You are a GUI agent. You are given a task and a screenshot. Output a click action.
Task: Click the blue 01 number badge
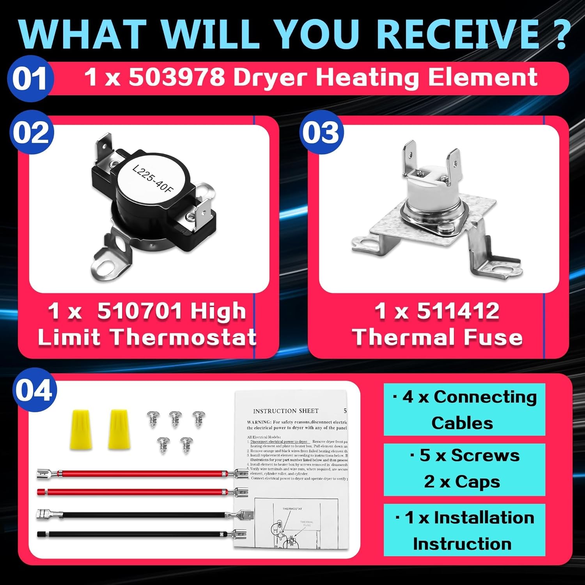30,78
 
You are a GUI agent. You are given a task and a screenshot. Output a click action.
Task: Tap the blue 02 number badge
31,133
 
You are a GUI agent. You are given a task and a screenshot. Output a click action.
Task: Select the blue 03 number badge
321,133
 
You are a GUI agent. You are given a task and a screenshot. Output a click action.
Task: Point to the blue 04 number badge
34,390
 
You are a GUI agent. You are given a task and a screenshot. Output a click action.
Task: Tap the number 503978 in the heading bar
177,77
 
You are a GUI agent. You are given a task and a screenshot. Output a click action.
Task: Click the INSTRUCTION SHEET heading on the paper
285,411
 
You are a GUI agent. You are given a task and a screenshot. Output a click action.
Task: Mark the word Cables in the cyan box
462,423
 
